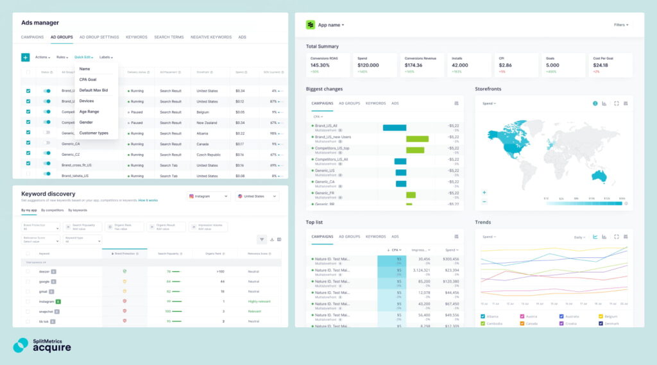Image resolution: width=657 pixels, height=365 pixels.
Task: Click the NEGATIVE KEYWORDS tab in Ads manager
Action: (211, 37)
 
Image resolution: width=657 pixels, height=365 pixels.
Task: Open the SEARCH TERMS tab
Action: (169, 37)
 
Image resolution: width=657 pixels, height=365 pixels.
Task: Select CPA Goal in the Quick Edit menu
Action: (88, 80)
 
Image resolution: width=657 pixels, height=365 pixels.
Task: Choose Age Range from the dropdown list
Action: (89, 112)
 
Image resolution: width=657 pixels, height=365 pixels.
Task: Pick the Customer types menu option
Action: (94, 133)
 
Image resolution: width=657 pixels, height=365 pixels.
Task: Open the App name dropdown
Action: (330, 25)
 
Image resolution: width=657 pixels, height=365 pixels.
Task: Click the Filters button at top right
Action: (620, 25)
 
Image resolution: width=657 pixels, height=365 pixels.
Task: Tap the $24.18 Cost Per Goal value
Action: (601, 65)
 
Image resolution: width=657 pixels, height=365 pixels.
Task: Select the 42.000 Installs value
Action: (460, 65)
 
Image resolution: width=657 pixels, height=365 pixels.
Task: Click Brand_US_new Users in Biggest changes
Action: (332, 137)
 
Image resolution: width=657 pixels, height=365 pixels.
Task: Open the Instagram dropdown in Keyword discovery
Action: (209, 196)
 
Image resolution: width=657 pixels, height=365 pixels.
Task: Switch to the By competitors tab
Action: (52, 210)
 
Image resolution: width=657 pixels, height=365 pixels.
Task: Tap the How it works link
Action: (148, 200)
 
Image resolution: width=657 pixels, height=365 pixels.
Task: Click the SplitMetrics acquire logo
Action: (42, 345)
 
